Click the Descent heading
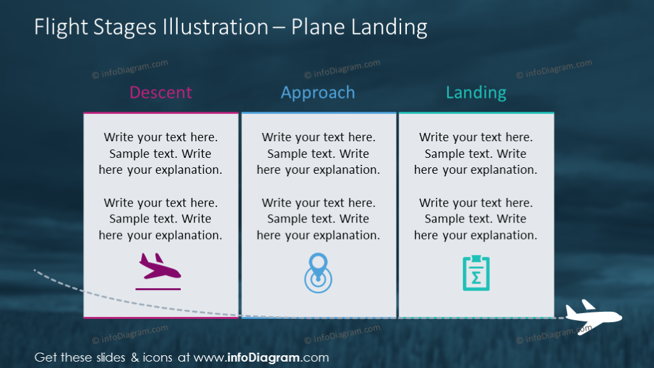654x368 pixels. (160, 93)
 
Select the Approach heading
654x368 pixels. (318, 93)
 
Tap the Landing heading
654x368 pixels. (476, 93)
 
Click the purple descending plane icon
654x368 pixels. (160, 266)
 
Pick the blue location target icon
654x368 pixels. (318, 273)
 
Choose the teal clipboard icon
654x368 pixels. (476, 273)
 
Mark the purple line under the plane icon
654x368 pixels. (158, 289)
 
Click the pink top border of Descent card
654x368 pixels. (160, 113)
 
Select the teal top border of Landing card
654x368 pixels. (476, 113)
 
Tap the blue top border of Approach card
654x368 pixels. (318, 113)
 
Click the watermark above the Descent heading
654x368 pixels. (130, 69)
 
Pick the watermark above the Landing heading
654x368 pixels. (554, 69)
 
